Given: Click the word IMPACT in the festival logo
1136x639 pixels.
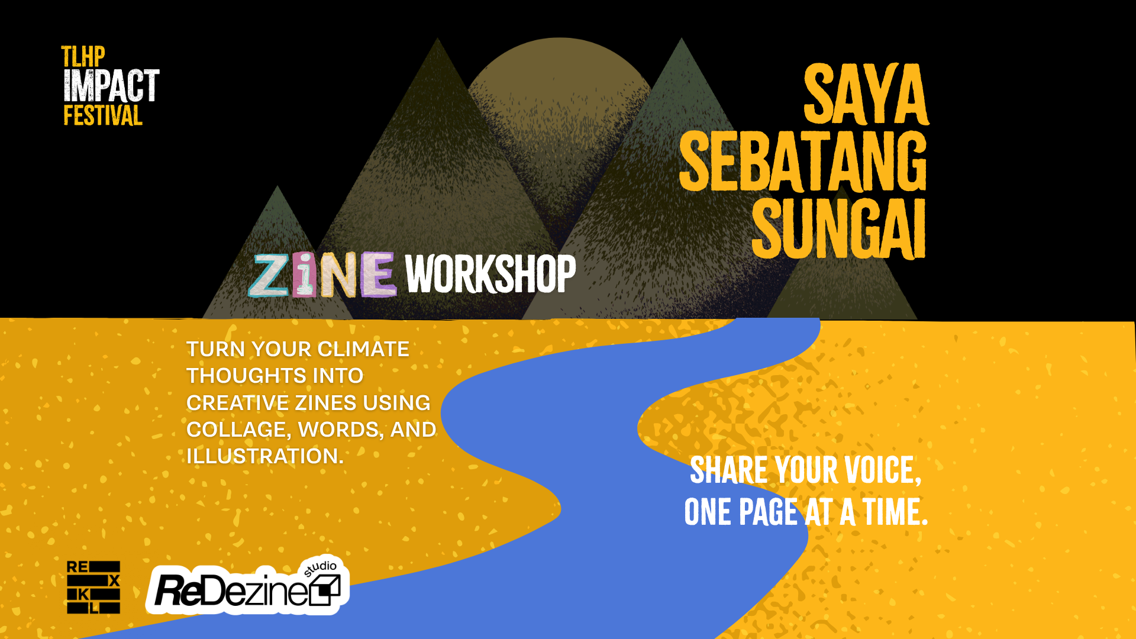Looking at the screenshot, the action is coord(111,86).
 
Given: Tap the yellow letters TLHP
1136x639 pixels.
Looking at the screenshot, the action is coord(83,57).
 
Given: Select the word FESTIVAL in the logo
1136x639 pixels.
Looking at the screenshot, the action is coord(103,115).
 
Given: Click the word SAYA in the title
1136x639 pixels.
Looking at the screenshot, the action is coord(866,95).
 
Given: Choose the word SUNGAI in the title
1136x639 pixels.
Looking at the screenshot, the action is coord(838,228).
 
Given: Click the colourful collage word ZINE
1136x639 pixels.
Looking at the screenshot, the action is coord(322,274).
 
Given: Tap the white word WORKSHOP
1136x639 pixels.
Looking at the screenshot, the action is coord(490,274).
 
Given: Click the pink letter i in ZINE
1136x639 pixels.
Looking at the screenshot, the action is coord(304,274).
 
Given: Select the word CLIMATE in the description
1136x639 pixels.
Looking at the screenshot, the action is coord(363,349).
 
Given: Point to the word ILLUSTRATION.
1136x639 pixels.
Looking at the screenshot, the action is coord(264,456).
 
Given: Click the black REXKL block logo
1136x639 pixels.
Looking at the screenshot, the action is coord(93,588).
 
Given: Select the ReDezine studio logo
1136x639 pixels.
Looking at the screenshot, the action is coord(248,586).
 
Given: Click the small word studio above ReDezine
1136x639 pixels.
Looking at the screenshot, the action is coord(320,568).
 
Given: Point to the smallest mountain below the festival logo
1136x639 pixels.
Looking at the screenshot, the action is coord(277,260).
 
